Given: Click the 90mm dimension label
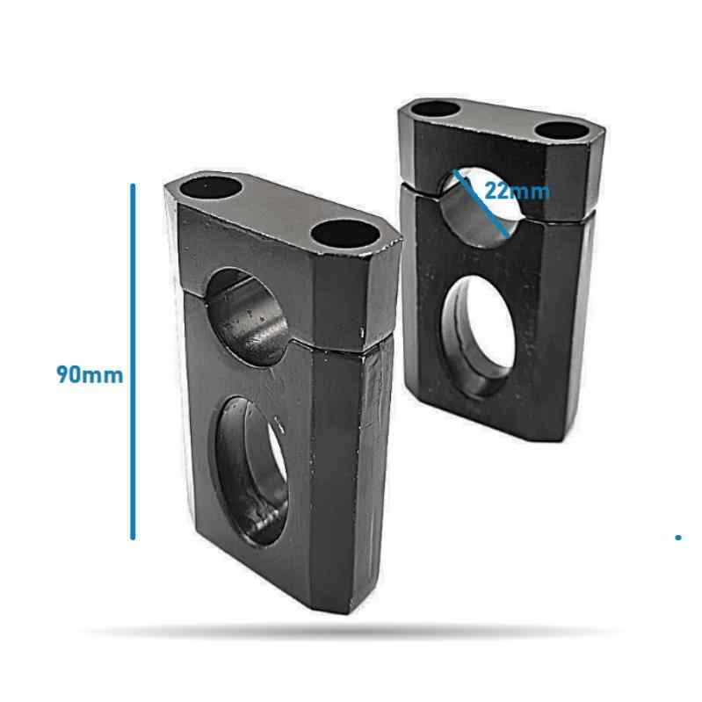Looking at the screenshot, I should coord(90,374).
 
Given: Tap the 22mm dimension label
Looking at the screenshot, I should coord(517,191).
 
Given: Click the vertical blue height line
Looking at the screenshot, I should coord(133,360).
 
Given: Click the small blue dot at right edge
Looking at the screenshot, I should coord(678,536).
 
